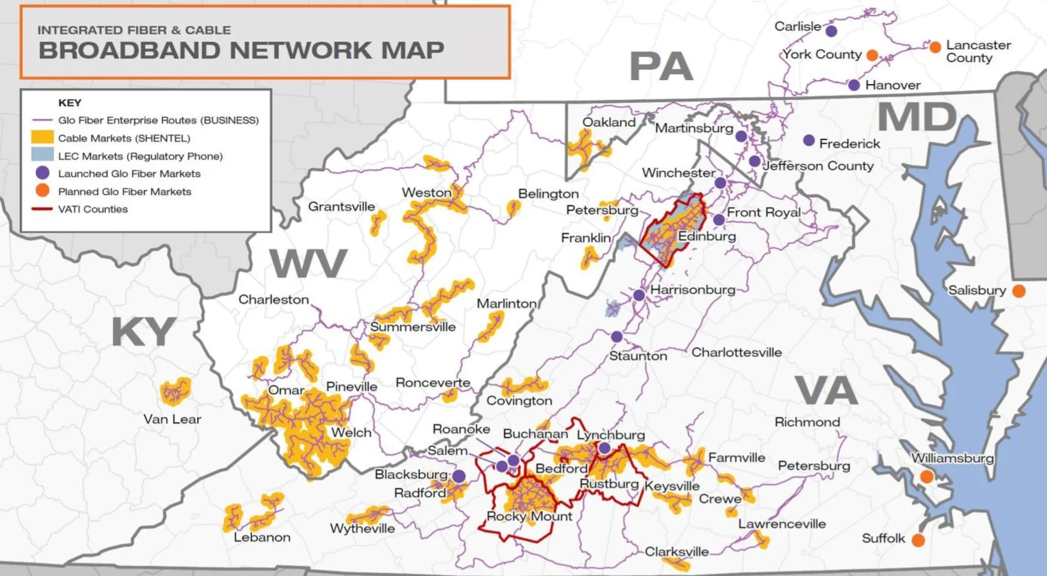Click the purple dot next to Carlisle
pos(831,31)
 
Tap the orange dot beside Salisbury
pos(1019,291)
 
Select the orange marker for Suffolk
pos(918,540)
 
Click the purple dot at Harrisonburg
pos(639,295)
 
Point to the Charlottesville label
pos(737,352)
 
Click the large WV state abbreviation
pos(308,263)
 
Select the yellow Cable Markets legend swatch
pos(42,138)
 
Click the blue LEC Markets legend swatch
pos(42,155)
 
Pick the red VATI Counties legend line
pos(42,209)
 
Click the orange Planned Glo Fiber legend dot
pos(42,191)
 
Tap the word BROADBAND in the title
pos(131,51)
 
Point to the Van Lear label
pos(172,419)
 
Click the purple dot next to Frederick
pos(809,140)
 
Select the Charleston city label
pos(274,300)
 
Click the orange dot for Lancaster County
pos(935,47)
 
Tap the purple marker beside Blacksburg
pos(459,476)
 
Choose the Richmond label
pos(807,422)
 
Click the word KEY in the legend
pos(70,103)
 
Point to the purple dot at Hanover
pos(854,85)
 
